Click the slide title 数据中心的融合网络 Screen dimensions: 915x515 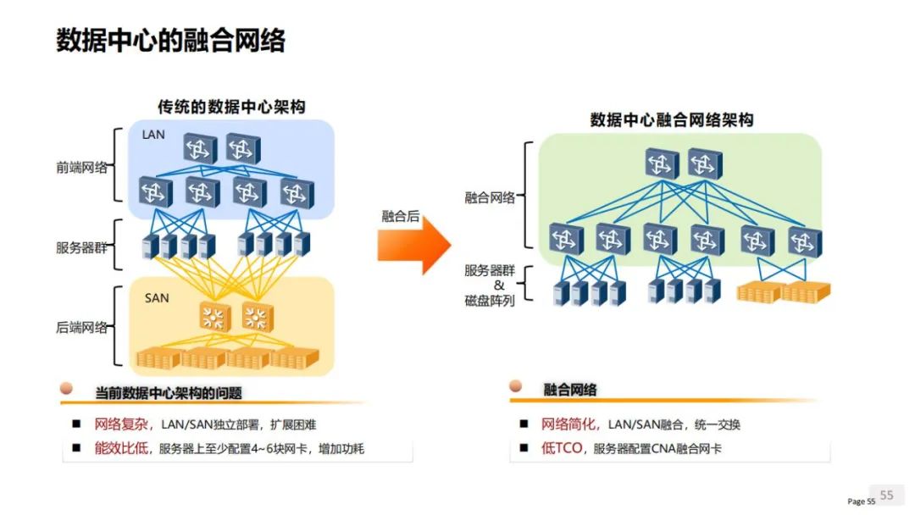(x=170, y=41)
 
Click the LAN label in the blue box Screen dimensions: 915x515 (x=153, y=135)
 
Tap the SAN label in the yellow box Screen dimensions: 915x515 (x=157, y=298)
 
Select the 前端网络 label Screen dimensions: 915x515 (x=81, y=168)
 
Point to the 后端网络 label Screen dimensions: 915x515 (x=81, y=328)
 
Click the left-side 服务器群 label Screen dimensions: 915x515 (x=81, y=248)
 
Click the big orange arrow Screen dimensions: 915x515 (x=414, y=245)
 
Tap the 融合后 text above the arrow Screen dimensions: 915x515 (x=400, y=216)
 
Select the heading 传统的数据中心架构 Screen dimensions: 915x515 (x=231, y=107)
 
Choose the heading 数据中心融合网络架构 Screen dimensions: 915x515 (x=672, y=120)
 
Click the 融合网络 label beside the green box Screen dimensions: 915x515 (x=490, y=198)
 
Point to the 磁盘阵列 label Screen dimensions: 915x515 (x=490, y=301)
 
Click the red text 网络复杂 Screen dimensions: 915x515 (x=121, y=424)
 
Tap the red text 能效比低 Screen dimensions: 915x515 (x=121, y=448)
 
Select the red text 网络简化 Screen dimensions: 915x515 (x=568, y=424)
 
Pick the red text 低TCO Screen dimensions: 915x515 (x=562, y=448)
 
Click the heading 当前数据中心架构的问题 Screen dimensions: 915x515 (x=169, y=393)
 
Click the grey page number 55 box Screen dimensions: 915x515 (x=886, y=496)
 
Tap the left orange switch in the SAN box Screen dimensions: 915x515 (x=214, y=318)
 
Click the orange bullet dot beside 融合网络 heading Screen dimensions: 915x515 (x=515, y=385)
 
